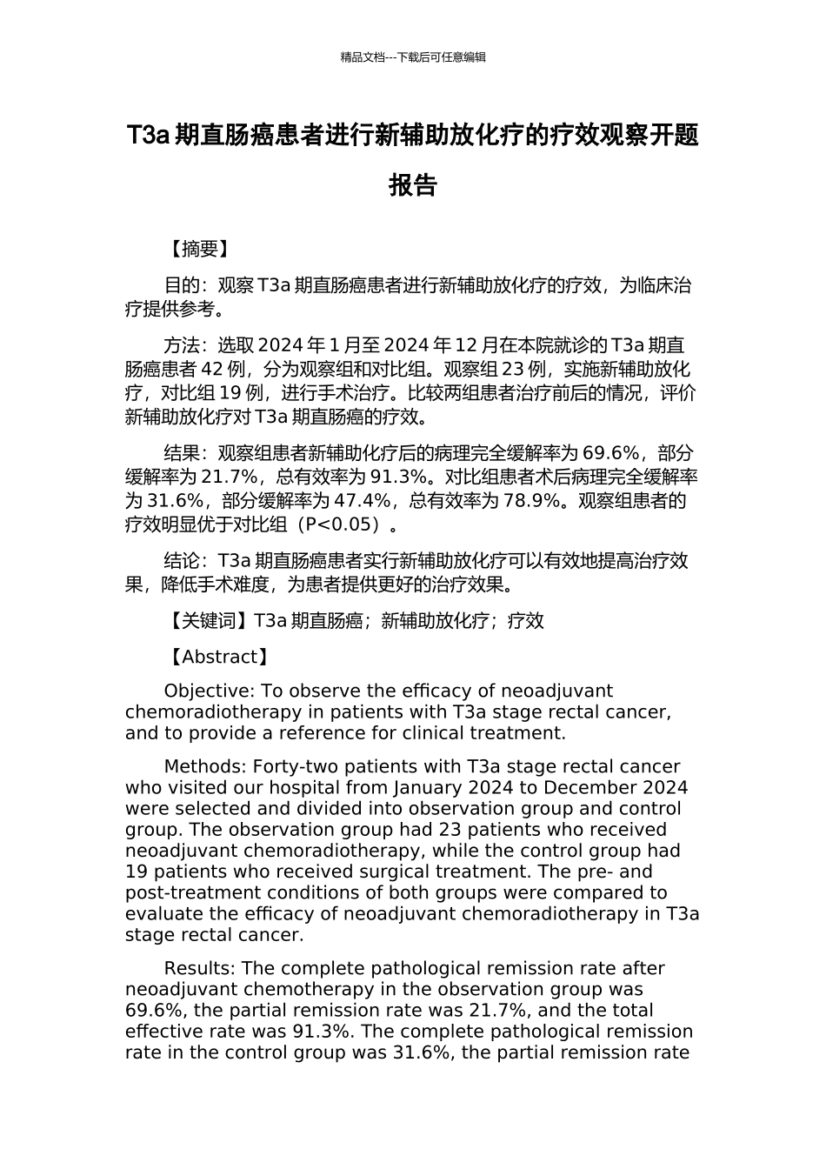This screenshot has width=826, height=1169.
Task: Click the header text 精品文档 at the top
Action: pyautogui.click(x=363, y=57)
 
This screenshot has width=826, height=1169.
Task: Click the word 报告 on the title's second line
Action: pyautogui.click(x=412, y=185)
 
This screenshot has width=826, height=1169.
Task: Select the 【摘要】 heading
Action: pyautogui.click(x=199, y=250)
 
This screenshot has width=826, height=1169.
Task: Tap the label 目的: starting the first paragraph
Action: pyautogui.click(x=187, y=285)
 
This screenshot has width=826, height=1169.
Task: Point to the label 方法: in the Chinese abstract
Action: pyautogui.click(x=187, y=345)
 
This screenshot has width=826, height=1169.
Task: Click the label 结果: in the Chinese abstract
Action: pyautogui.click(x=187, y=453)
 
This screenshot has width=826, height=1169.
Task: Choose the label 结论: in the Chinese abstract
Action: pyautogui.click(x=187, y=561)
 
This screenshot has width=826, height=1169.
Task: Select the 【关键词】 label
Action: pyautogui.click(x=208, y=621)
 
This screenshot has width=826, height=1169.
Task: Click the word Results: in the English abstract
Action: pyautogui.click(x=199, y=969)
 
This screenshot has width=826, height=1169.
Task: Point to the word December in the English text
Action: pyautogui.click(x=596, y=788)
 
